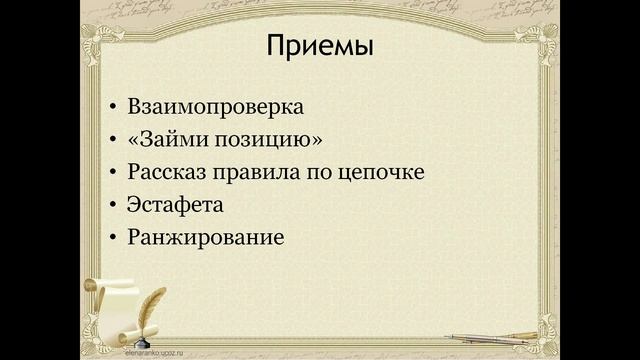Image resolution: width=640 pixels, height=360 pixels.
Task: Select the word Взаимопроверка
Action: [215, 105]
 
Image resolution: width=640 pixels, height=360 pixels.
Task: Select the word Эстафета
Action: [175, 205]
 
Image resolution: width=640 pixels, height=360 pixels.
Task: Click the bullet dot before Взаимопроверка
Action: [112, 106]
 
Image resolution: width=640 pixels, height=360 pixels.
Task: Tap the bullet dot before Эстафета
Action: [112, 206]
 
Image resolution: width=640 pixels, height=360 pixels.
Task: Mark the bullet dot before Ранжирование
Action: [112, 240]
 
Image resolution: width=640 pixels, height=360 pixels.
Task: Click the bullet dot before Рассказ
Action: [112, 173]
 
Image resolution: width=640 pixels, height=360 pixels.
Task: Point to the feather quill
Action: [151, 305]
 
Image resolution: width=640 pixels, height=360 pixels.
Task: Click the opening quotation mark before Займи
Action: [133, 138]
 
